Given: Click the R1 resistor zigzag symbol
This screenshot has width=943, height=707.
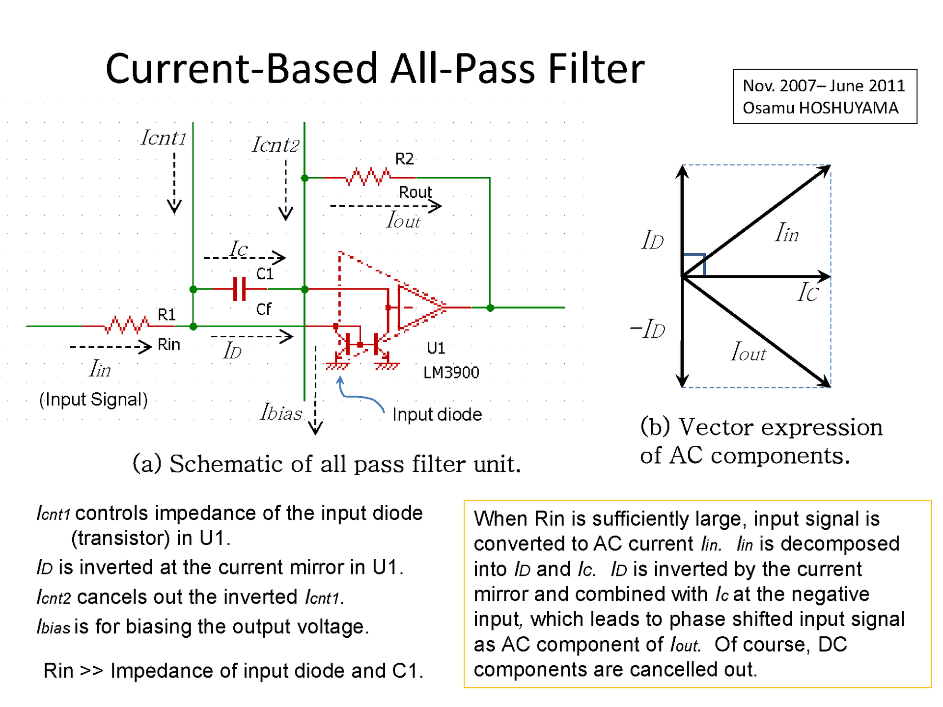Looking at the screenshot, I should (127, 325).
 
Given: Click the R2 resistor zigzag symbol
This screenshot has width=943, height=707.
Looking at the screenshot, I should (368, 177).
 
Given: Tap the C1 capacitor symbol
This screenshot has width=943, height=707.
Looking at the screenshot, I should (240, 289).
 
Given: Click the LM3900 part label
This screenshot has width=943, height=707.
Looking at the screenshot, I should (451, 373).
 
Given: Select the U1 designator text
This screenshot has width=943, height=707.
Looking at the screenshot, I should (436, 348).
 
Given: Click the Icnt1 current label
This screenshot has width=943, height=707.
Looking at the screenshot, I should (163, 138).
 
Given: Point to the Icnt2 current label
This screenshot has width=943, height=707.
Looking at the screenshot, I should (275, 145).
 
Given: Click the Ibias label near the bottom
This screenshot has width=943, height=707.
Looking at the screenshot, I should (281, 412).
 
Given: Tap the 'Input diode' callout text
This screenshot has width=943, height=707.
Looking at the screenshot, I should (437, 414).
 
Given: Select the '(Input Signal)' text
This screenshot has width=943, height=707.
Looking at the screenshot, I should (93, 400).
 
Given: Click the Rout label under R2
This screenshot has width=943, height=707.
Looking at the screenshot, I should (415, 192).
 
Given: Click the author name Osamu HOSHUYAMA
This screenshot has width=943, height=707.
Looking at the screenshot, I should (820, 108).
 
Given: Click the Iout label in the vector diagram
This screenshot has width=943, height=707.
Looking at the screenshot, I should (748, 352).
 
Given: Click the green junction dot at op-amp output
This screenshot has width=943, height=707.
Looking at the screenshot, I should (490, 308).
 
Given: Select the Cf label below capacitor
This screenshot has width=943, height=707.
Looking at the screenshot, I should (264, 309).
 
